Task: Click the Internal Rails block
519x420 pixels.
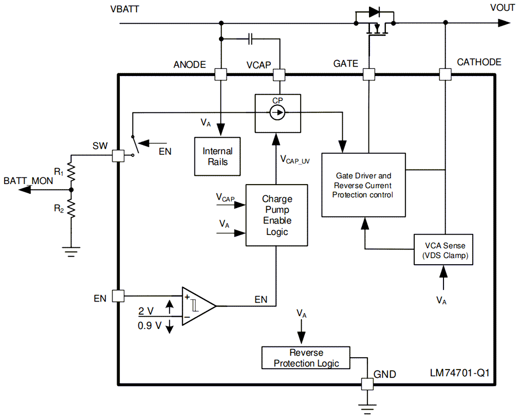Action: tap(218, 156)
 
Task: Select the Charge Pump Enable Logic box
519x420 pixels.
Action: tap(276, 215)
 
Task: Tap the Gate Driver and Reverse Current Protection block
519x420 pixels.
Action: tap(363, 185)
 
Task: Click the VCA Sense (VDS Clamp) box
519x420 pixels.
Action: tap(444, 250)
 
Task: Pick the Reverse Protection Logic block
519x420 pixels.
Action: tap(306, 358)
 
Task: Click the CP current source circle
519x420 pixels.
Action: tap(277, 112)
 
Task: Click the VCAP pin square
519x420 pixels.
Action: tap(279, 75)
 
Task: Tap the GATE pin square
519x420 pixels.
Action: tap(368, 75)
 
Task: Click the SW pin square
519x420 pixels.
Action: tap(117, 157)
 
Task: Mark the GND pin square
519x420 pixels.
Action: tap(367, 384)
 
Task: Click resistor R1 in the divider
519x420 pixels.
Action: tap(71, 173)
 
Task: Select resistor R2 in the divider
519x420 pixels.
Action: tap(71, 208)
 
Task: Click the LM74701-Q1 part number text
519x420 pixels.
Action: tap(456, 372)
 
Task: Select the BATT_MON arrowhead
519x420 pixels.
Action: tap(25, 190)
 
